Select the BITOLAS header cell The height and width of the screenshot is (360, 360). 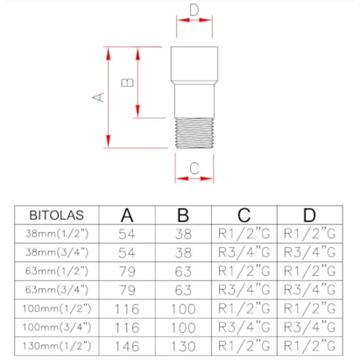pyautogui.click(x=56, y=215)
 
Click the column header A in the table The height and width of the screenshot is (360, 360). pyautogui.click(x=128, y=215)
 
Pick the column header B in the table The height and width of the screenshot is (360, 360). pyautogui.click(x=183, y=215)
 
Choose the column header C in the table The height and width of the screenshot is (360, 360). pyautogui.click(x=245, y=215)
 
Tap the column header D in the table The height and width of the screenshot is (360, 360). pyautogui.click(x=309, y=215)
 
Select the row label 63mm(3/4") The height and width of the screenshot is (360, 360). pyautogui.click(x=56, y=288)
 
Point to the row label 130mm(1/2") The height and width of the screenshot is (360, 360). pyautogui.click(x=56, y=345)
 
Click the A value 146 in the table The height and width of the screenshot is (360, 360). pyautogui.click(x=128, y=345)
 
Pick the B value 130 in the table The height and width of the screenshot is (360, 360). pyautogui.click(x=183, y=345)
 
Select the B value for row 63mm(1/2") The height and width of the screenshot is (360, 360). pyautogui.click(x=183, y=270)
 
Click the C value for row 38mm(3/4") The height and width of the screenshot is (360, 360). pyautogui.click(x=245, y=251)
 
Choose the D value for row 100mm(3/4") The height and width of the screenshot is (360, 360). pyautogui.click(x=309, y=326)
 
